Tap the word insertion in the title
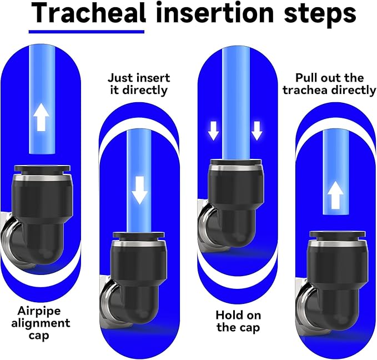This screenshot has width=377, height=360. click(x=215, y=13)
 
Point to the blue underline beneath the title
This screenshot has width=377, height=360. click(x=87, y=32)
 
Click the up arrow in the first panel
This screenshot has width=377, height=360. click(x=41, y=117)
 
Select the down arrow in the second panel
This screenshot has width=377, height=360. click(x=139, y=191)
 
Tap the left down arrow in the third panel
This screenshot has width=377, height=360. click(x=214, y=131)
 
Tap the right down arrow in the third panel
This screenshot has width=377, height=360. click(x=257, y=131)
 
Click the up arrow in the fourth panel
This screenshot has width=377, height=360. click(x=335, y=195)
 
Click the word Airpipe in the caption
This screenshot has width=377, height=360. click(x=39, y=311)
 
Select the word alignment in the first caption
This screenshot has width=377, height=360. click(x=41, y=323)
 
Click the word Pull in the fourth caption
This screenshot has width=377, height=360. click(x=305, y=78)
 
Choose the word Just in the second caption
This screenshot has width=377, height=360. click(x=120, y=78)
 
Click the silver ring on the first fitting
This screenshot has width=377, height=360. click(x=43, y=178)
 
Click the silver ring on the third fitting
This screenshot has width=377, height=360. click(x=236, y=168)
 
